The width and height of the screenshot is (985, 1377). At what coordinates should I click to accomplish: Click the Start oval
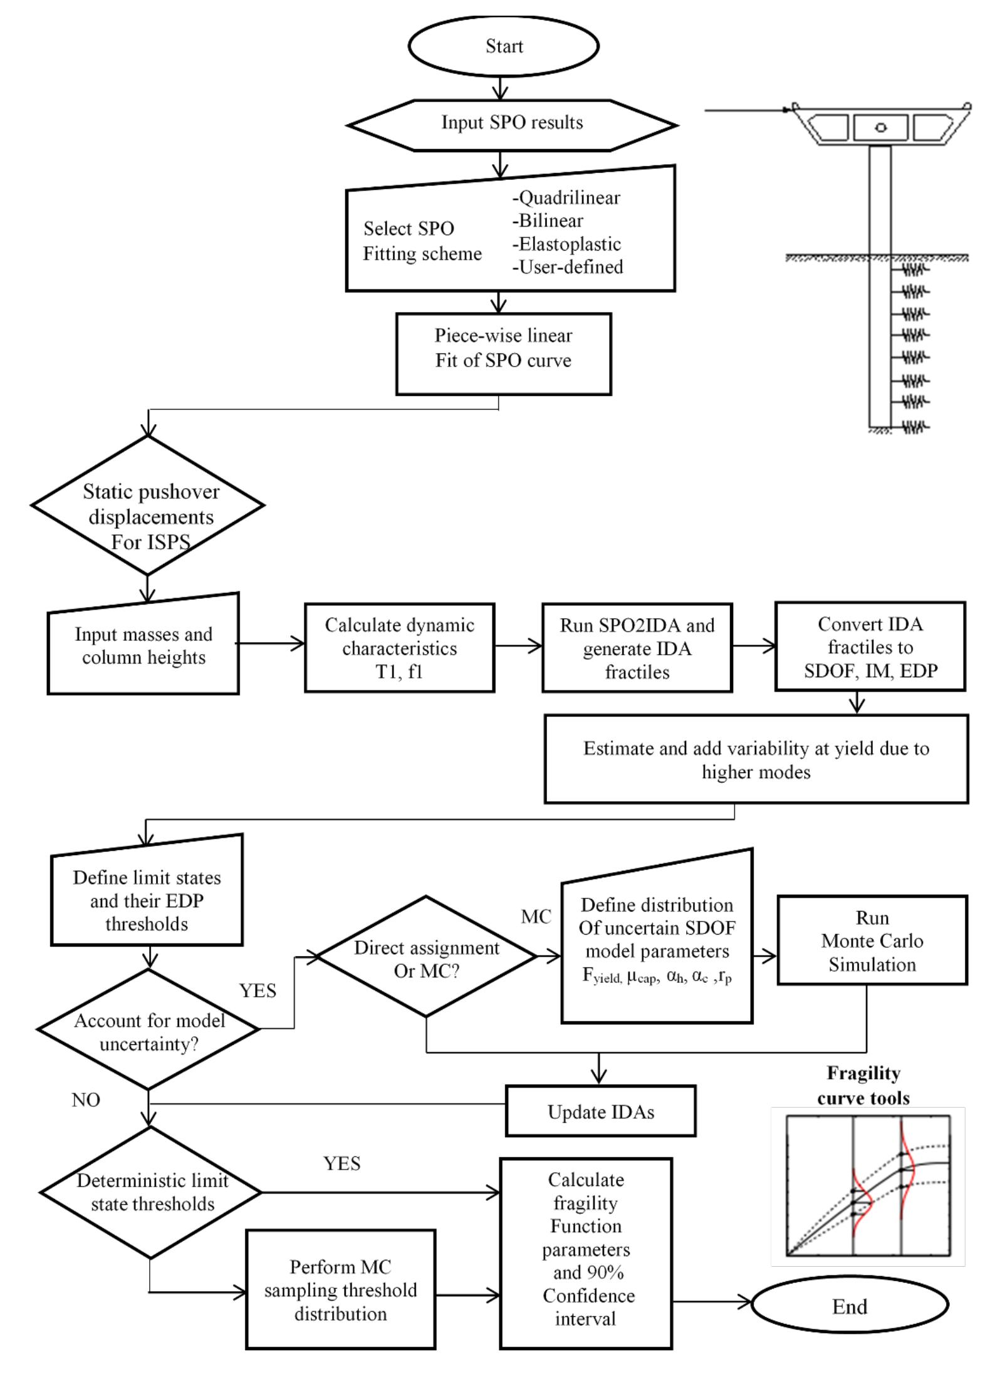point(503,46)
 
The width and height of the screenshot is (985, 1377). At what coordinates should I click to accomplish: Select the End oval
point(849,1306)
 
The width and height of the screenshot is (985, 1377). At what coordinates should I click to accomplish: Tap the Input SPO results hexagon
point(511,123)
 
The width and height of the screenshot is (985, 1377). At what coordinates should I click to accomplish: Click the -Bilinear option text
point(548,221)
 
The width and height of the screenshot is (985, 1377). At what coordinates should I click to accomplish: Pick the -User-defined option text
point(567,267)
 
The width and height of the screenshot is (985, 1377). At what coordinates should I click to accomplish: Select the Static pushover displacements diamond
point(148,505)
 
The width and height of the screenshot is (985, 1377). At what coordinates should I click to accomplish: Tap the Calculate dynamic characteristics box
point(399,648)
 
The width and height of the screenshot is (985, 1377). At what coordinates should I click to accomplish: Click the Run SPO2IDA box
point(637,648)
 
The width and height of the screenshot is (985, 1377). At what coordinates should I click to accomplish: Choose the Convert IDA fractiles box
point(870,647)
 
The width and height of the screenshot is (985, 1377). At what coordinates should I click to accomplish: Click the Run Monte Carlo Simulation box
point(872,940)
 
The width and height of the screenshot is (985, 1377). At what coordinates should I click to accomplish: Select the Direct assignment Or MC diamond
point(426,957)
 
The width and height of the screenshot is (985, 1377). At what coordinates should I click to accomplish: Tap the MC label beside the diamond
point(536,917)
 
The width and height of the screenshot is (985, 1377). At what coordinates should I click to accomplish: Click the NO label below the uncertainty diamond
point(86,1099)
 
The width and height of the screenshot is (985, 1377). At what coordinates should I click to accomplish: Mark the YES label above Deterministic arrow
point(341,1163)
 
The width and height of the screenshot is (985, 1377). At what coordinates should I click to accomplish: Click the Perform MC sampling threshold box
point(340,1290)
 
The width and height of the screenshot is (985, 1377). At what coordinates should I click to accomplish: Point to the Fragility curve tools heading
point(863,1085)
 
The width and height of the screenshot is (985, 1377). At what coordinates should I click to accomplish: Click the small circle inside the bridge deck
point(880,127)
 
